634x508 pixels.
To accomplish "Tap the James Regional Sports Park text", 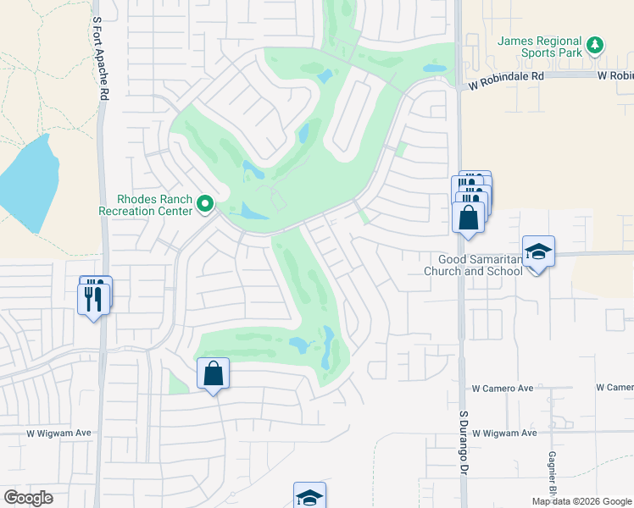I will pyautogui.click(x=540, y=47).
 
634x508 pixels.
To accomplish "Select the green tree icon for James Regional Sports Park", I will pyautogui.click(x=595, y=44).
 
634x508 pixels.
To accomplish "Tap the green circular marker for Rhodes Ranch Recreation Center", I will pyautogui.click(x=204, y=204).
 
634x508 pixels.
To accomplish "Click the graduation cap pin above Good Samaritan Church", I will pyautogui.click(x=538, y=251).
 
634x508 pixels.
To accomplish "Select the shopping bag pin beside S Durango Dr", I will pyautogui.click(x=469, y=218).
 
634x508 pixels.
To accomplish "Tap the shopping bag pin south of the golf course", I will pyautogui.click(x=214, y=373).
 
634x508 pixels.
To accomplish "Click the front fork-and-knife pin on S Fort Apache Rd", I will pyautogui.click(x=93, y=298).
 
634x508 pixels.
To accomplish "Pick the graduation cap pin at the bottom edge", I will pyautogui.click(x=309, y=497).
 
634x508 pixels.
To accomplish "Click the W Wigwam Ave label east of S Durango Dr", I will pyautogui.click(x=504, y=433).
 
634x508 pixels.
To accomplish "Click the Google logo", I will pyautogui.click(x=28, y=498).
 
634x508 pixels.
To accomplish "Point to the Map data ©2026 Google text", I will pyautogui.click(x=581, y=501).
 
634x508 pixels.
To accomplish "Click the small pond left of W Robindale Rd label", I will pyautogui.click(x=434, y=68).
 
